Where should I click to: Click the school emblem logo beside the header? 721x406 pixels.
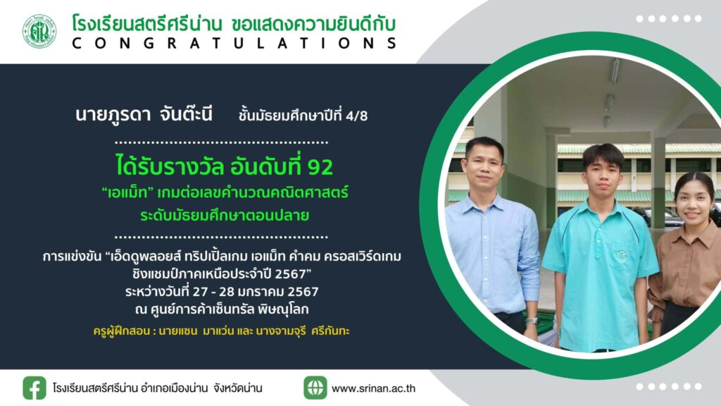tap(39, 31)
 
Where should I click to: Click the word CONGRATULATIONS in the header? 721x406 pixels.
tap(234, 43)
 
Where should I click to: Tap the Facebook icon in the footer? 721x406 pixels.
tap(35, 388)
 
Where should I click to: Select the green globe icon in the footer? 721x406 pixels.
tap(315, 388)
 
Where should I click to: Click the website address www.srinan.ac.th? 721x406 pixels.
tap(373, 388)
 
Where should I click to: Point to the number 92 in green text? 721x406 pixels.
tap(320, 167)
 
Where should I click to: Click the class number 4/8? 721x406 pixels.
tap(356, 116)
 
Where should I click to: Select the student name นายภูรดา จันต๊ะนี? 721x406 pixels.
tap(144, 113)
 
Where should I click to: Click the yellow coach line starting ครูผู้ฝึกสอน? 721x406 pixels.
tap(221, 331)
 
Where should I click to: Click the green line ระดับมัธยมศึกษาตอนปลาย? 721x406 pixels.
tap(225, 215)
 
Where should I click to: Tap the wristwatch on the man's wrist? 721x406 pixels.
tap(532, 321)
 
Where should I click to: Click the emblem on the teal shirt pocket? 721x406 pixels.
tap(622, 254)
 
